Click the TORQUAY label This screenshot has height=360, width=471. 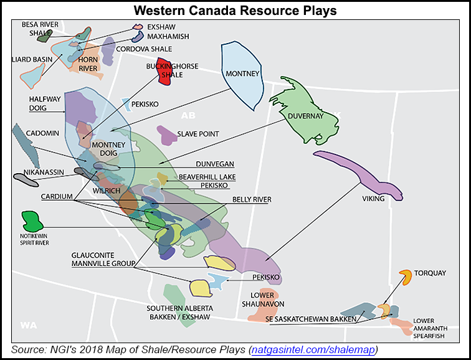pyautogui.click(x=430, y=273)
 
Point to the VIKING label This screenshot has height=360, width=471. pyautogui.click(x=373, y=199)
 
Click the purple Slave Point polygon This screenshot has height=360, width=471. pyautogui.click(x=166, y=133)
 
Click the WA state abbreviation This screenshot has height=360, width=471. pyautogui.click(x=28, y=324)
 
